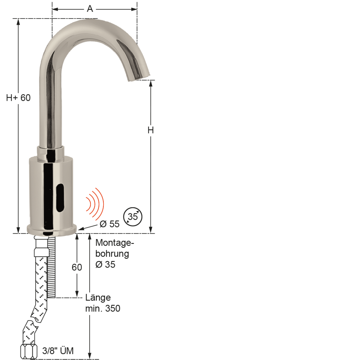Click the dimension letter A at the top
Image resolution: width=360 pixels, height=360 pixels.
[x=90, y=9]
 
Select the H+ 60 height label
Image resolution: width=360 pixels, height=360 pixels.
[x=19, y=98]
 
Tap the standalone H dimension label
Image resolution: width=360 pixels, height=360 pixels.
[x=151, y=130]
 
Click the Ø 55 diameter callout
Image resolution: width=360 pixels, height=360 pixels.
[x=109, y=224]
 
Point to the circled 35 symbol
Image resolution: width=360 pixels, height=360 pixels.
[x=133, y=216]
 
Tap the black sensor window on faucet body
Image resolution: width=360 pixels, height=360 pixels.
[x=60, y=197]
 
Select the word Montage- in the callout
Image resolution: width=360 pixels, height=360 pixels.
[x=115, y=243]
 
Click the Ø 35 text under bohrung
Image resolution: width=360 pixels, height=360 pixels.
[x=105, y=265]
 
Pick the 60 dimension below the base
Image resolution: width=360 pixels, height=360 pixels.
[x=77, y=267]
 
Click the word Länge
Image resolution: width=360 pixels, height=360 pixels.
[x=98, y=298]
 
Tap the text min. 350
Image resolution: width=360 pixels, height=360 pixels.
[x=103, y=308]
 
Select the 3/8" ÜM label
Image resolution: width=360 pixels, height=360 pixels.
[x=58, y=351]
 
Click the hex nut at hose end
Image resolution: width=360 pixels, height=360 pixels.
[x=29, y=351]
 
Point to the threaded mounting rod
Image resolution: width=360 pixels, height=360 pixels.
[x=52, y=267]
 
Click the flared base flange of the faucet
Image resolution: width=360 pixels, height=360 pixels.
[x=52, y=230]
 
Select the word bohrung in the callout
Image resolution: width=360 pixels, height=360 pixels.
[x=112, y=254]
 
